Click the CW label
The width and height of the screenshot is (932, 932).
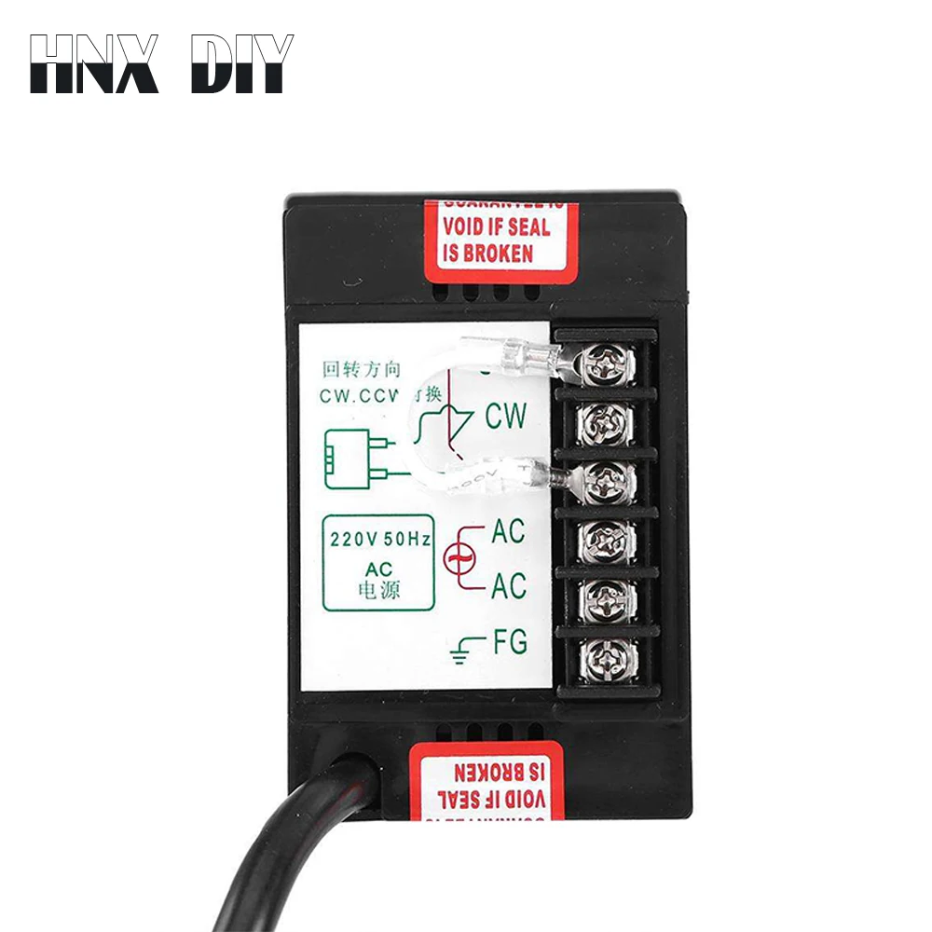point(505,416)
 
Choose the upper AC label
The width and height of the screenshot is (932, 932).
point(508,532)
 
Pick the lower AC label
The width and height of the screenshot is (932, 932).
point(509,586)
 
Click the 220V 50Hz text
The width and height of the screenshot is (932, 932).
point(377,539)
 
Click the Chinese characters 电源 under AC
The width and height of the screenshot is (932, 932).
point(377,590)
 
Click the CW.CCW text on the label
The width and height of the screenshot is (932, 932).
point(358,395)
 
